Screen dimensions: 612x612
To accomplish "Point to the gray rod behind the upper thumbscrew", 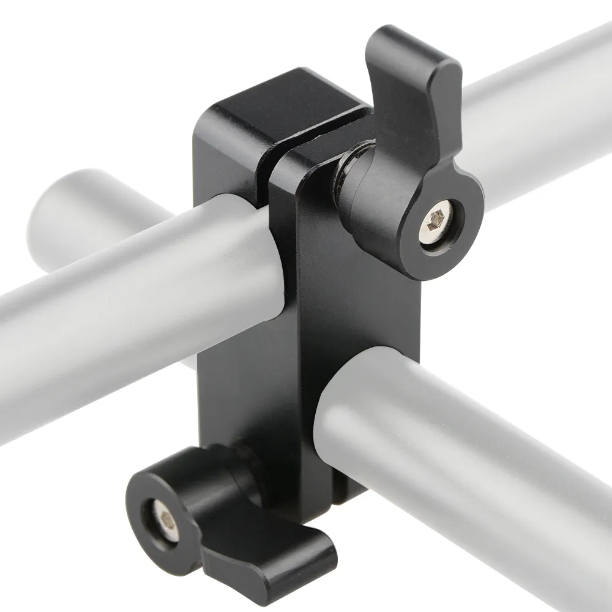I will (x=539, y=122).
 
